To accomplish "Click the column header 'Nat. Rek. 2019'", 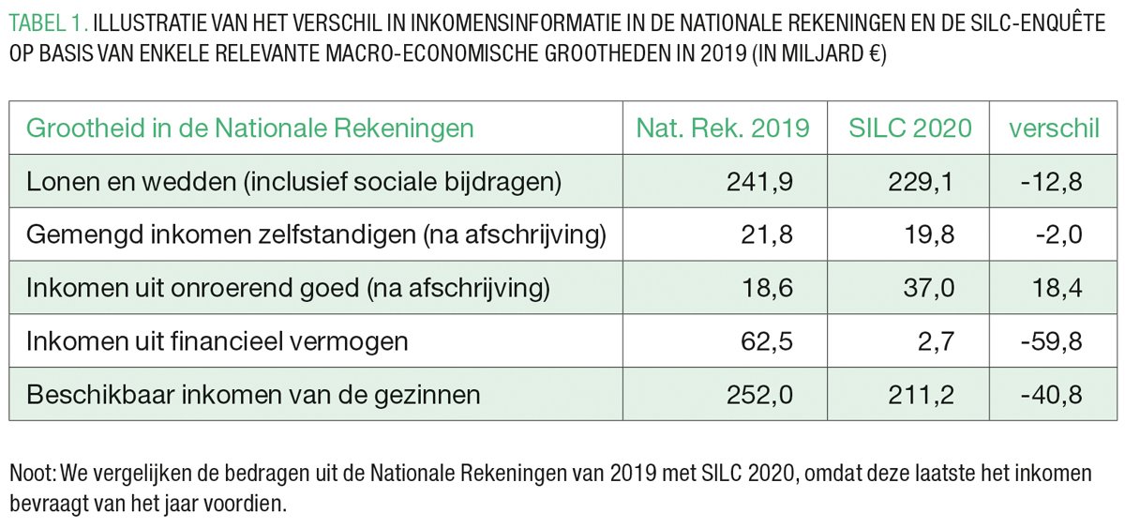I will point(723,128).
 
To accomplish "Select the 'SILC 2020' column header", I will point(910,128).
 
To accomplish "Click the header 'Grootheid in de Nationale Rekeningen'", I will point(250,128).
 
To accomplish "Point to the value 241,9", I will point(759,181).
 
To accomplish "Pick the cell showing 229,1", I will point(921,181).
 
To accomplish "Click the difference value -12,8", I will point(1051,181).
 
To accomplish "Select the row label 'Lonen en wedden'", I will point(293,181).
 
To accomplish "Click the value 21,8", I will point(769,234).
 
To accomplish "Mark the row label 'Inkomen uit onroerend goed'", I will point(288,288).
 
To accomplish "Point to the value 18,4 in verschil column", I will point(1057,288).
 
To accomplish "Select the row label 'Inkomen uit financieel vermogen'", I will point(217,341).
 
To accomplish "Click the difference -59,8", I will point(1051,341).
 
